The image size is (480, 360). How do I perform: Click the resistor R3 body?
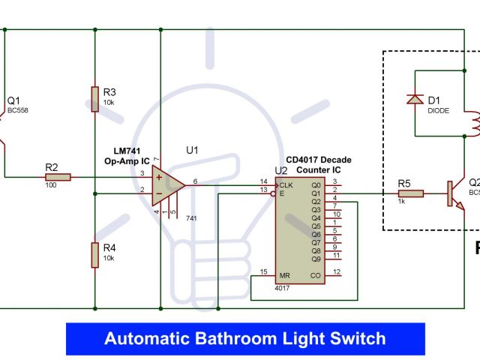pyautogui.click(x=95, y=99)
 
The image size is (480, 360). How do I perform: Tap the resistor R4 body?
pyautogui.click(x=95, y=254)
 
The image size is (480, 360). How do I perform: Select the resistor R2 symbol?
pyautogui.click(x=58, y=178)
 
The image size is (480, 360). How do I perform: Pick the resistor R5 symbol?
pyautogui.click(x=410, y=193)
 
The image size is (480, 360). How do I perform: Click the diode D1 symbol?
pyautogui.click(x=414, y=99)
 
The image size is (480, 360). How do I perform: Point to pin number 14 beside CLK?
pyautogui.click(x=263, y=181)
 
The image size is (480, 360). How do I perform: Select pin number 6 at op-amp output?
pyautogui.click(x=195, y=181)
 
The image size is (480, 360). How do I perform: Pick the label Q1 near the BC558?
pyautogui.click(x=14, y=100)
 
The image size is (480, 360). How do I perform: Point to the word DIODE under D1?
pyautogui.click(x=438, y=110)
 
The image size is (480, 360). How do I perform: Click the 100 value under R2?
pyautogui.click(x=51, y=184)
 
